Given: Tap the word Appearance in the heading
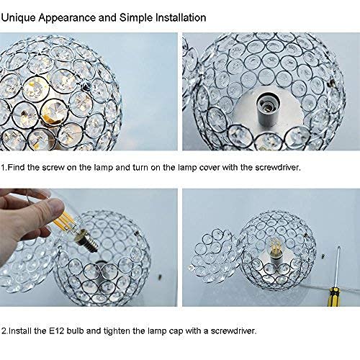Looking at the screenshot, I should [73, 15].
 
